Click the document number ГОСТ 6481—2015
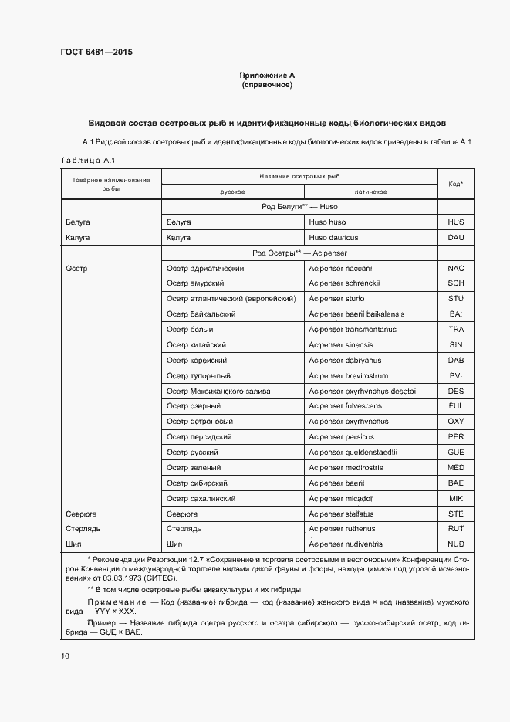(x=96, y=52)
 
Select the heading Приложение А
(x=267, y=76)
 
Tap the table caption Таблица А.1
(x=87, y=160)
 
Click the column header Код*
(x=455, y=184)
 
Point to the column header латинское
(x=370, y=192)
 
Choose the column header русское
(x=232, y=192)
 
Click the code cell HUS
(x=455, y=222)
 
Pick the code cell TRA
(x=455, y=330)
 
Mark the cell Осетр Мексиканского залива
(x=218, y=391)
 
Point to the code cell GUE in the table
(x=455, y=453)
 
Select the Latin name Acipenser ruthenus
(x=342, y=529)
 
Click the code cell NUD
(x=455, y=544)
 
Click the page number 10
(x=64, y=656)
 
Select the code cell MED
(x=455, y=468)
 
